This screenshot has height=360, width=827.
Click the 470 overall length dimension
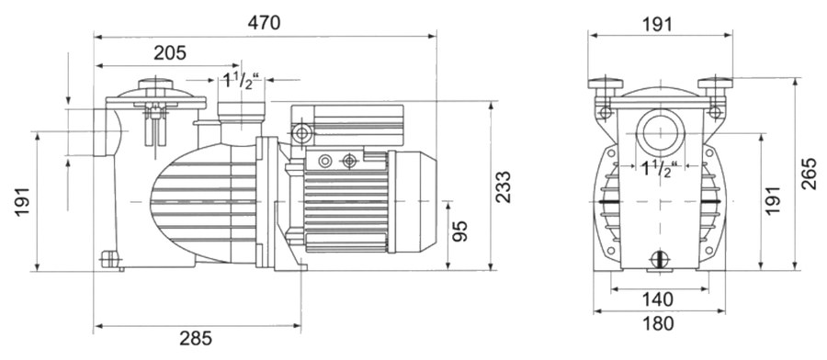265,23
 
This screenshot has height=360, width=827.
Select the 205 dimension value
170,52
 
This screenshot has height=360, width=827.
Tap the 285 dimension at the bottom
196,338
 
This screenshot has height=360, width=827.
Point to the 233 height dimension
504,186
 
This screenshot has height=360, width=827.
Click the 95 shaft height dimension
460,231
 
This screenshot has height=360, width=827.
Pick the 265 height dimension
809,173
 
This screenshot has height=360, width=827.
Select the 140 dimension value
658,299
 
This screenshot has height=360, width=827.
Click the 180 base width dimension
658,323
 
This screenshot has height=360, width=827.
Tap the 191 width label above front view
657,24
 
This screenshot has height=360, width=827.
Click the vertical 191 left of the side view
22,200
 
